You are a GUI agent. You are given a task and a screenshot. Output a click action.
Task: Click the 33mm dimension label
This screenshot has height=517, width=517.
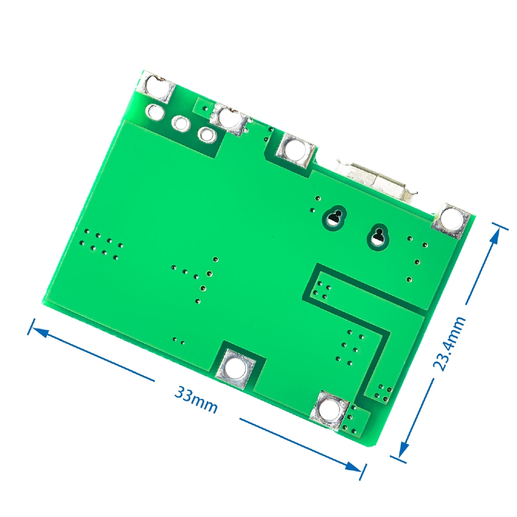(x=196, y=399)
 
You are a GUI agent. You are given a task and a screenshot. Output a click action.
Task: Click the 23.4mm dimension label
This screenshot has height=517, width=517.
(x=449, y=343)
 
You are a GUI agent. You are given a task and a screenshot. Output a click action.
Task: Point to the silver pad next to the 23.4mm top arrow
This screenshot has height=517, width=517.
(x=450, y=219)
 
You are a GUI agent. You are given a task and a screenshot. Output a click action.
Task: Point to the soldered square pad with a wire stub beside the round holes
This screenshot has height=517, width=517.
(x=229, y=119)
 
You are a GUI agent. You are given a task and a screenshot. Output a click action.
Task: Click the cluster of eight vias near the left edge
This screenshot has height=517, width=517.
(x=101, y=244)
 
